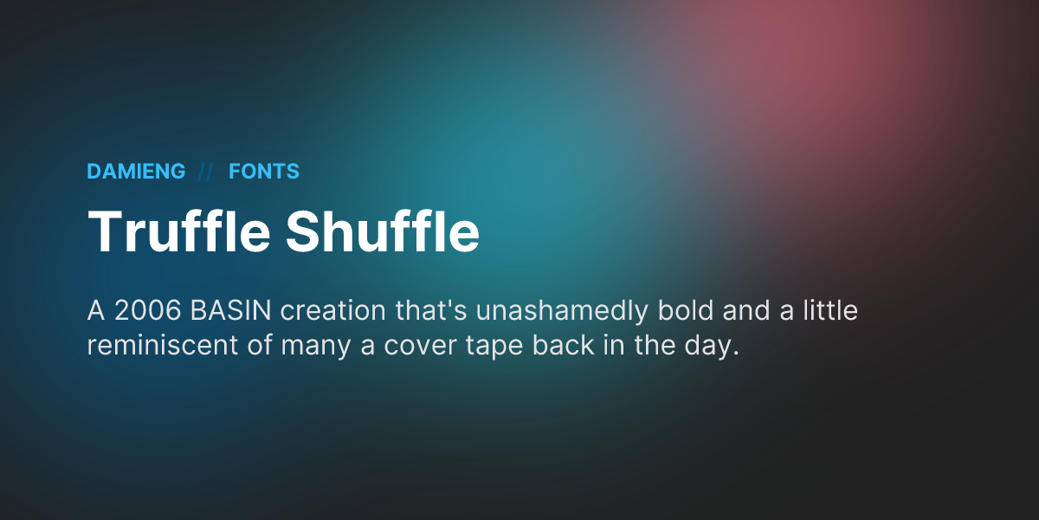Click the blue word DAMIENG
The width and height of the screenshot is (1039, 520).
[x=136, y=172]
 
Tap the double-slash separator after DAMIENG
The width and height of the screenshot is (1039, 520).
[x=206, y=172]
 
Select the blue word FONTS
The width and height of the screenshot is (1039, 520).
[x=264, y=172]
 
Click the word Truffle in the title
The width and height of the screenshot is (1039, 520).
[x=177, y=231]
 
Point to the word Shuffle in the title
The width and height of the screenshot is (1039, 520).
[x=382, y=231]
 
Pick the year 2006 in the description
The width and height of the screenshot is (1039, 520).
[x=144, y=311]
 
